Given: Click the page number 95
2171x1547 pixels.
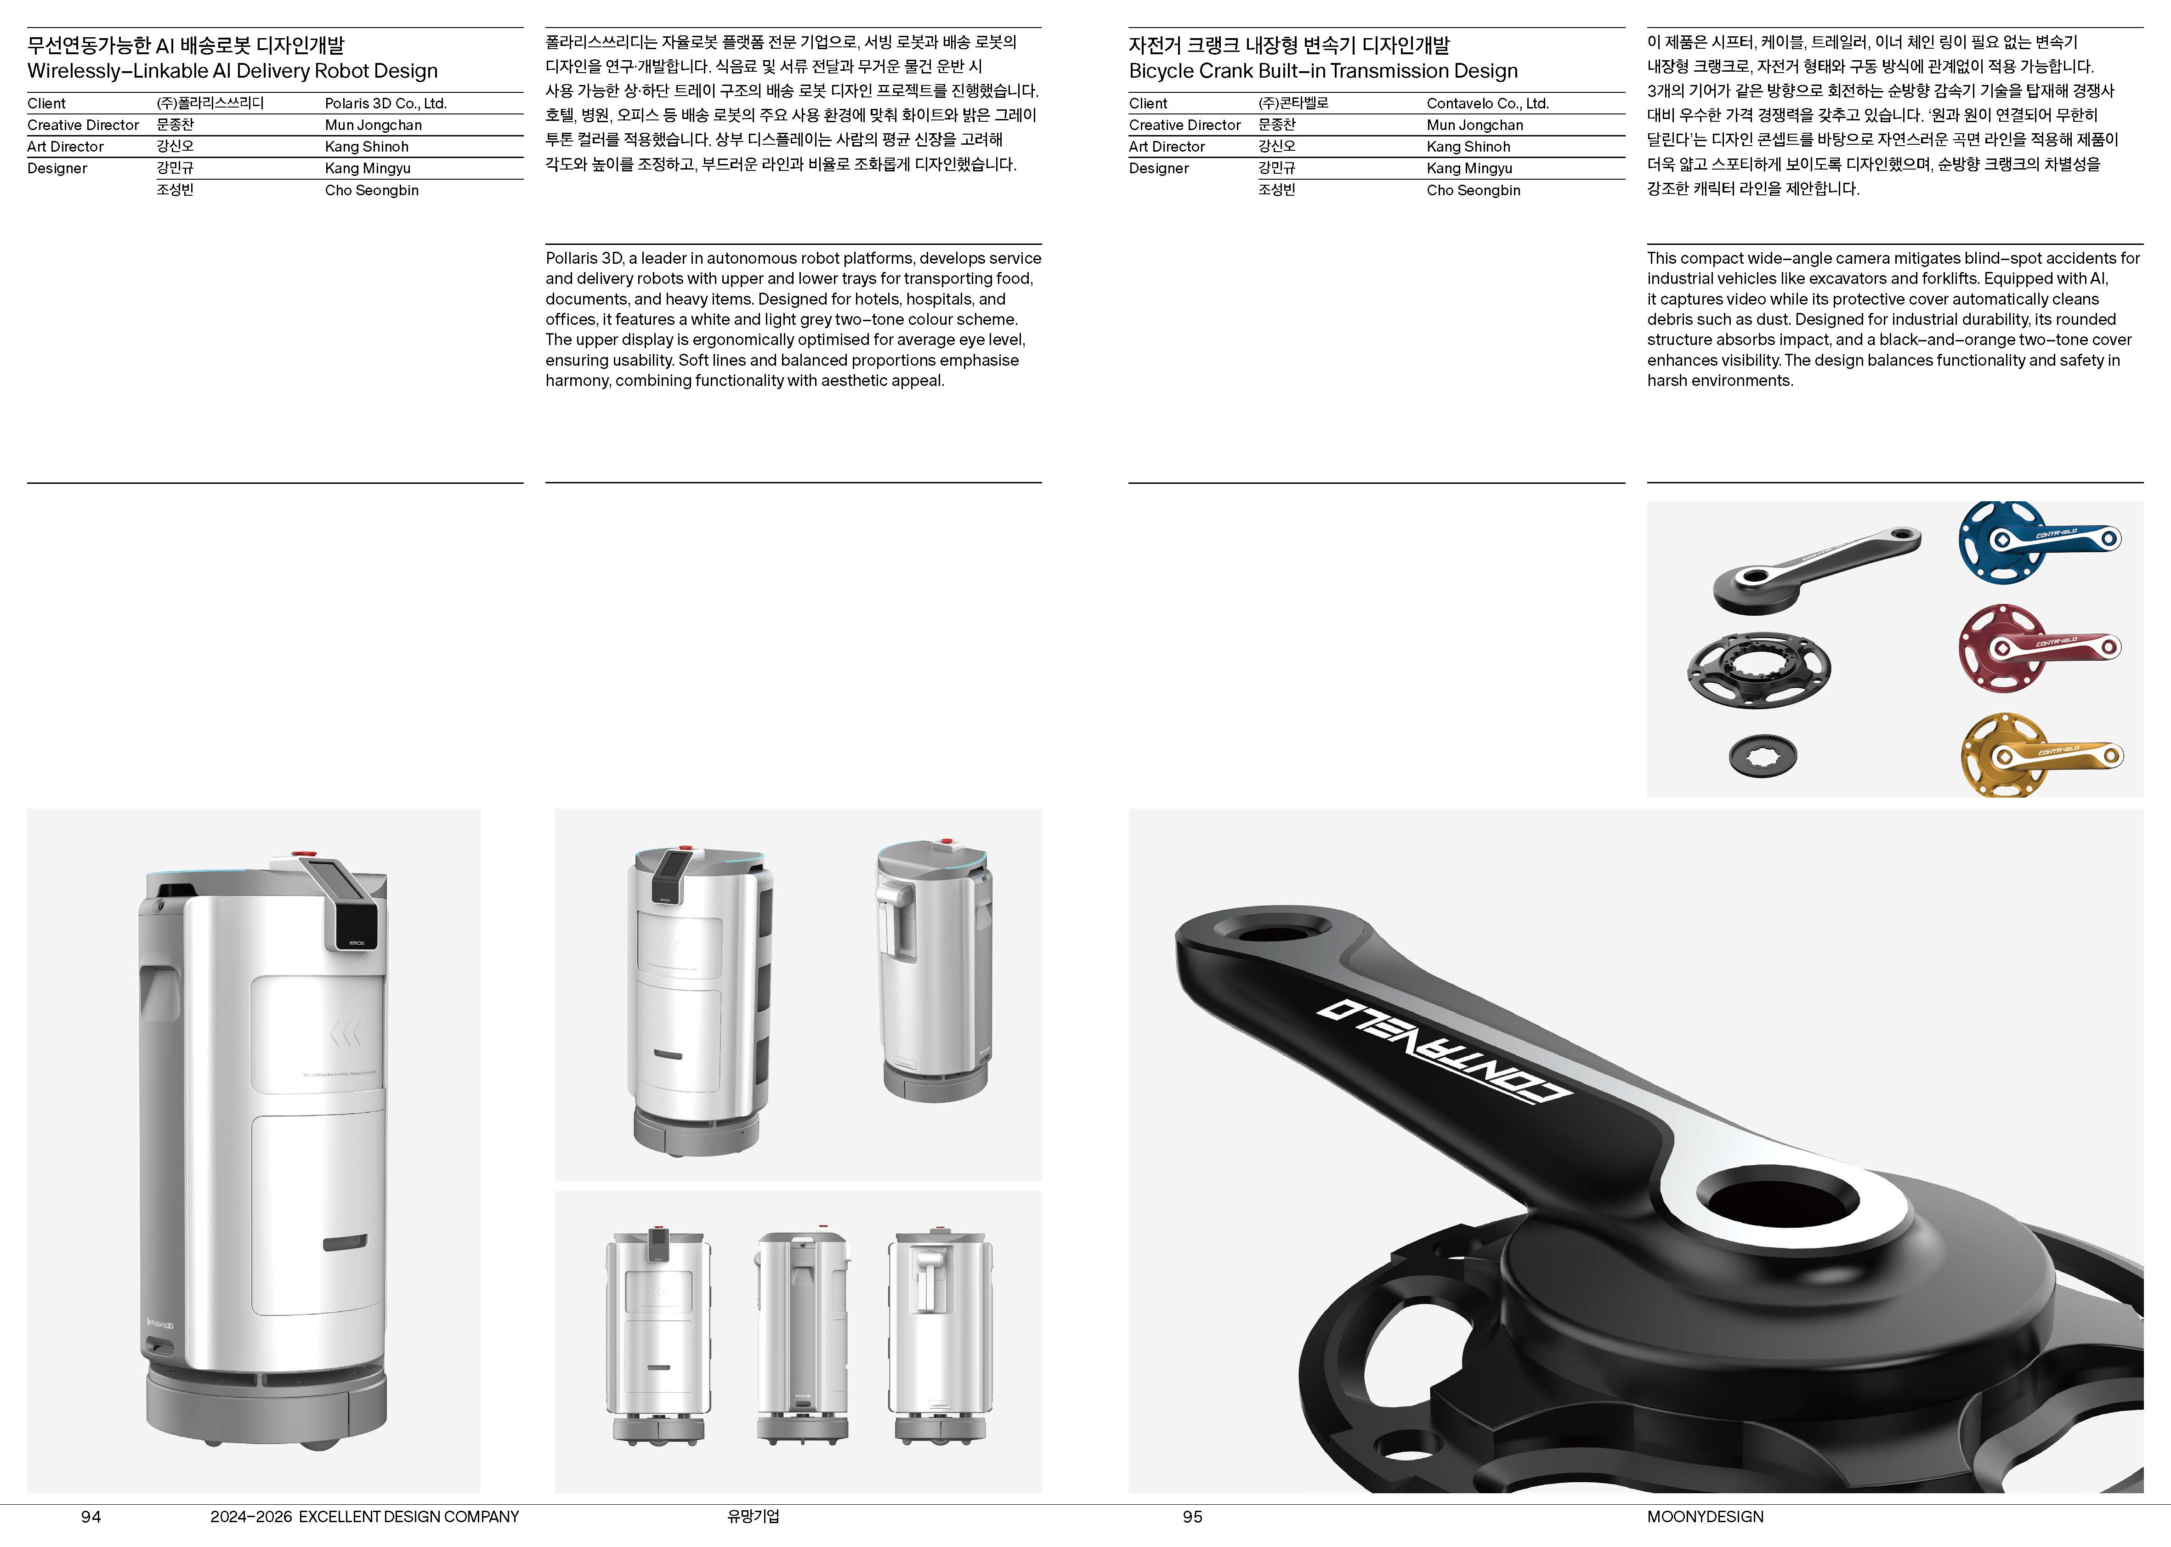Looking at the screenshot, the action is click(1193, 1517).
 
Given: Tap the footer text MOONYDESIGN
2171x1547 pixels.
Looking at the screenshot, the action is click(1705, 1517).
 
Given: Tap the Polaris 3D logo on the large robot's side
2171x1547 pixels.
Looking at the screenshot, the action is click(160, 1324).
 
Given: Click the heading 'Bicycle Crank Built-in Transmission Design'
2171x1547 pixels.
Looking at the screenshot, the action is click(1323, 71).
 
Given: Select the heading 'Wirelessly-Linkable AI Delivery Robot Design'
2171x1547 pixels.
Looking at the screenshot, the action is click(232, 71).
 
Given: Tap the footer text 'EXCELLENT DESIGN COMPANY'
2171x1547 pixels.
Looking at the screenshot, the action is click(408, 1517).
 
